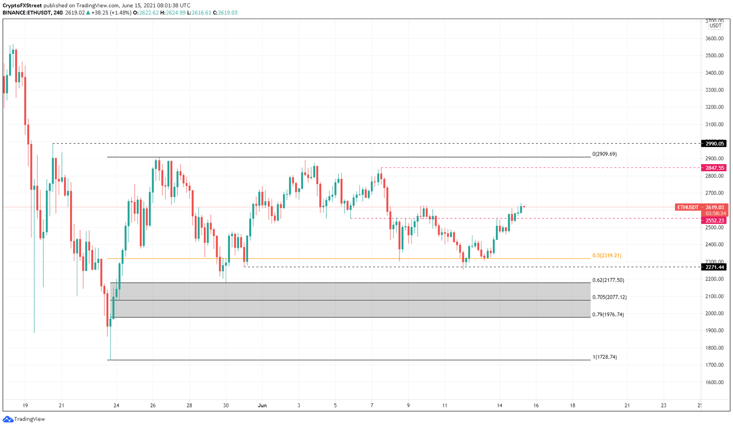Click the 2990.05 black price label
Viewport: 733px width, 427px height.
[714, 144]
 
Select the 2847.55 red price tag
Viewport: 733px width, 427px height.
[714, 168]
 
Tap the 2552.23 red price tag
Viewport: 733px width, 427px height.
[714, 221]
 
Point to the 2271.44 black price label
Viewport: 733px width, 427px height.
[714, 267]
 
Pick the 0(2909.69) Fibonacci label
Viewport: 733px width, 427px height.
[604, 154]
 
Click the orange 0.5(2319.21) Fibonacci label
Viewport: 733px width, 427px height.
[607, 256]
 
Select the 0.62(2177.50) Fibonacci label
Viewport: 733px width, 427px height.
[608, 280]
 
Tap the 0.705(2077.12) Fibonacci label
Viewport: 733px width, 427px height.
[609, 297]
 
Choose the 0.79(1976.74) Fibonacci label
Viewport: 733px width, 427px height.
[608, 314]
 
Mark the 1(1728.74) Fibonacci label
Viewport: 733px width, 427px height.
[604, 357]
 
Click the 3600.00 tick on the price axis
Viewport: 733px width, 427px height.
[715, 39]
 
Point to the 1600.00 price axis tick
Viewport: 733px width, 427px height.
[715, 382]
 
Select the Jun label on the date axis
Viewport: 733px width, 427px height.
[262, 406]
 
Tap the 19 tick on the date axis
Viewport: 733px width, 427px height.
[25, 406]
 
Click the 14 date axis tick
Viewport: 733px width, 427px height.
[500, 406]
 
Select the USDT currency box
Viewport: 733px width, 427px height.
[715, 26]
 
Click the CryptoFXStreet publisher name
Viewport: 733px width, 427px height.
[22, 6]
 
